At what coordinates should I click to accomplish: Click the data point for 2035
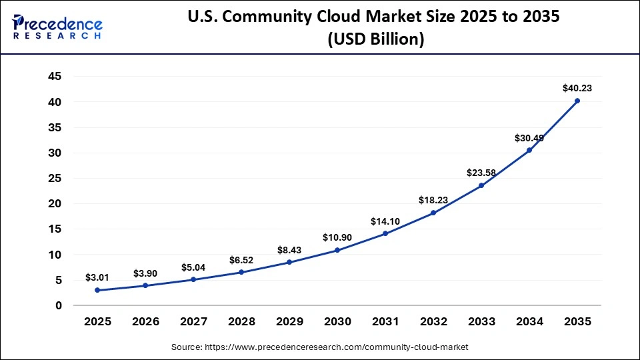point(577,101)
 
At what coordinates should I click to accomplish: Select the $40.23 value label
point(577,87)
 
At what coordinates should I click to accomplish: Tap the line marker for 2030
point(337,250)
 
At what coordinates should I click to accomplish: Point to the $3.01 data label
point(97,277)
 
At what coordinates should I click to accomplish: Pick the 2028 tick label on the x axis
point(241,321)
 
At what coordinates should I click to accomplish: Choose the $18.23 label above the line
point(433,199)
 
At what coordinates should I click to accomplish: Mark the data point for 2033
point(481,185)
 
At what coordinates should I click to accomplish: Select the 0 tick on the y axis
point(59,305)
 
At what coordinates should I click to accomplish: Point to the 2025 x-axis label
point(97,321)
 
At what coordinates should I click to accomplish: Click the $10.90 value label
point(337,237)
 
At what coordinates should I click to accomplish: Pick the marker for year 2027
point(193,279)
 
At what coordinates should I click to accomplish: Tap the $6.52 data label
point(241,259)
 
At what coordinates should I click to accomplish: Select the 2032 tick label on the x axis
point(433,321)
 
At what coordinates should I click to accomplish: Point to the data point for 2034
point(529,150)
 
